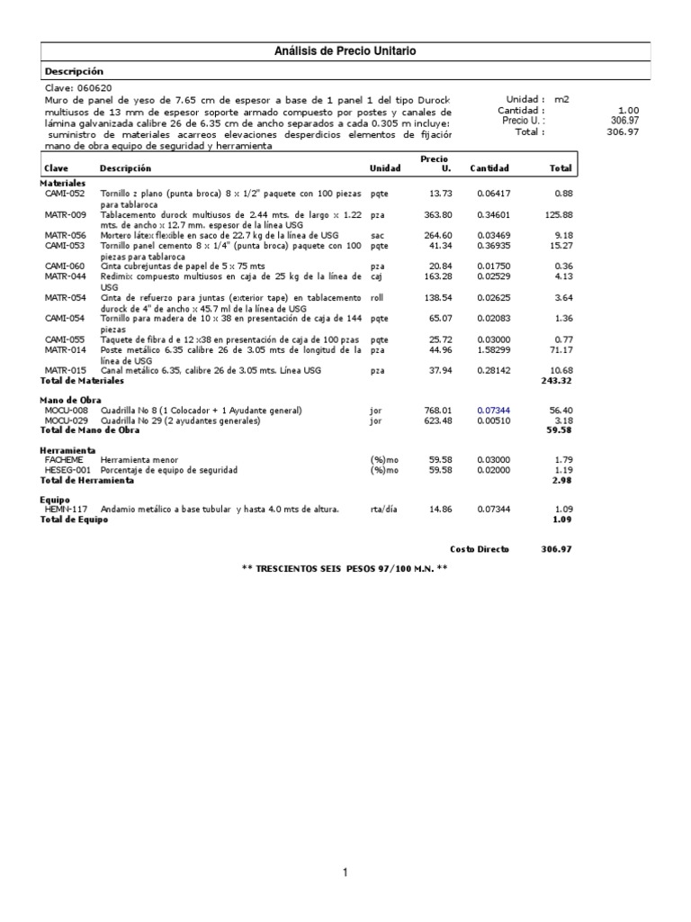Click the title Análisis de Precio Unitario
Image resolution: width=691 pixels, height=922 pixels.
pyautogui.click(x=345, y=51)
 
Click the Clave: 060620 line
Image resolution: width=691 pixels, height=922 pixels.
pyautogui.click(x=78, y=88)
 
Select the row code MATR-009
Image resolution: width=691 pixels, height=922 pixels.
pyautogui.click(x=65, y=214)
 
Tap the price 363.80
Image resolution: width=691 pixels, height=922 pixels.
pyautogui.click(x=438, y=214)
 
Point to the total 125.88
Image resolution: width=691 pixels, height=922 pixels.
pyautogui.click(x=557, y=214)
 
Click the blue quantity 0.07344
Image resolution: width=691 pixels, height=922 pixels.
pyautogui.click(x=494, y=411)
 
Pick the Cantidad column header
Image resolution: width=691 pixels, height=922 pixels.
pyautogui.click(x=489, y=168)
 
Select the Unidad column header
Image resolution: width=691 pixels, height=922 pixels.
pyautogui.click(x=386, y=168)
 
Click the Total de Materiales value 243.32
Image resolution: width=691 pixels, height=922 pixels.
pyautogui.click(x=557, y=381)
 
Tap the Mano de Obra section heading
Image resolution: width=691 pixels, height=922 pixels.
pyautogui.click(x=70, y=400)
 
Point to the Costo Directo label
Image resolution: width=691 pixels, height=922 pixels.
pyautogui.click(x=480, y=548)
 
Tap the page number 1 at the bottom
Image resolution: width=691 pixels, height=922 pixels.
pyautogui.click(x=345, y=872)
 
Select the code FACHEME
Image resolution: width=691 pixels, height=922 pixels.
pyautogui.click(x=63, y=459)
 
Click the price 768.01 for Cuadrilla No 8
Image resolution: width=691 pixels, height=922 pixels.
pyautogui.click(x=437, y=411)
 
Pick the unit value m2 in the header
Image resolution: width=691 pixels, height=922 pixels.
pyautogui.click(x=562, y=99)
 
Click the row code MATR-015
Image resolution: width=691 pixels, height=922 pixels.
pyautogui.click(x=65, y=370)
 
